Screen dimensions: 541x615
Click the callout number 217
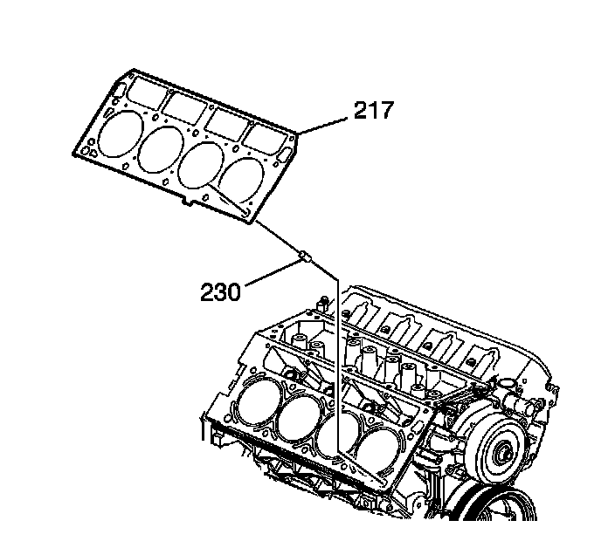(373, 111)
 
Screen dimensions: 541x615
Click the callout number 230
(219, 291)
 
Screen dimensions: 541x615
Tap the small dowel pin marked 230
(305, 255)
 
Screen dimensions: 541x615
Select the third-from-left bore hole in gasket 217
(201, 161)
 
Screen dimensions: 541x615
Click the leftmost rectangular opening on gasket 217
(141, 91)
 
